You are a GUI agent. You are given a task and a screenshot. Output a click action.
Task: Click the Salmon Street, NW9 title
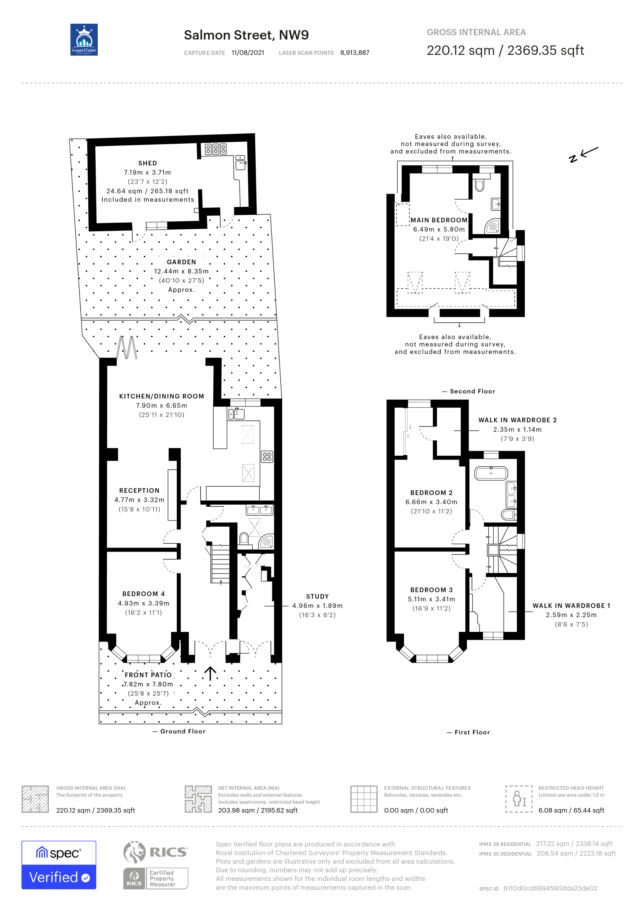click(246, 35)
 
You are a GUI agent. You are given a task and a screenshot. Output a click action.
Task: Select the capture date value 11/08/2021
click(248, 53)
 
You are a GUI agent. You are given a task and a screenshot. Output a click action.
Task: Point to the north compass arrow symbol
click(583, 155)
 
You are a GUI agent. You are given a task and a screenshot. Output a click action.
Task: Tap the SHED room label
click(148, 163)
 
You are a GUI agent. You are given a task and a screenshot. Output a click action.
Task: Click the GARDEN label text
click(181, 262)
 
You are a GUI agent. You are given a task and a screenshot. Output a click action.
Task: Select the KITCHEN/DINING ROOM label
click(161, 396)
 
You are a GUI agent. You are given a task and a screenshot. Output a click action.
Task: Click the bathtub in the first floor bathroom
click(491, 473)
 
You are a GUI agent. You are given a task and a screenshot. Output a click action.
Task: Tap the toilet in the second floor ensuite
click(480, 185)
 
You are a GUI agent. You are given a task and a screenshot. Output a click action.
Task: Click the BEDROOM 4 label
click(143, 594)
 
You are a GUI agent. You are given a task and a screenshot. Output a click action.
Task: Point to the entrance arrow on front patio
click(210, 673)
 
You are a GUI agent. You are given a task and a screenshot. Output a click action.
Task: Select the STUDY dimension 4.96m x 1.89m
click(317, 606)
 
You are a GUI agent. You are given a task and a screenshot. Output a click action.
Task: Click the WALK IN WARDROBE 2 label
click(517, 420)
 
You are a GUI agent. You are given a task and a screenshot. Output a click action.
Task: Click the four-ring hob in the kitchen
click(267, 456)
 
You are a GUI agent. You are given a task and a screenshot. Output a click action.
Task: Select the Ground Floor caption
click(183, 731)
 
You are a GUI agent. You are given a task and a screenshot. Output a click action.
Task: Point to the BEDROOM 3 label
click(431, 590)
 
